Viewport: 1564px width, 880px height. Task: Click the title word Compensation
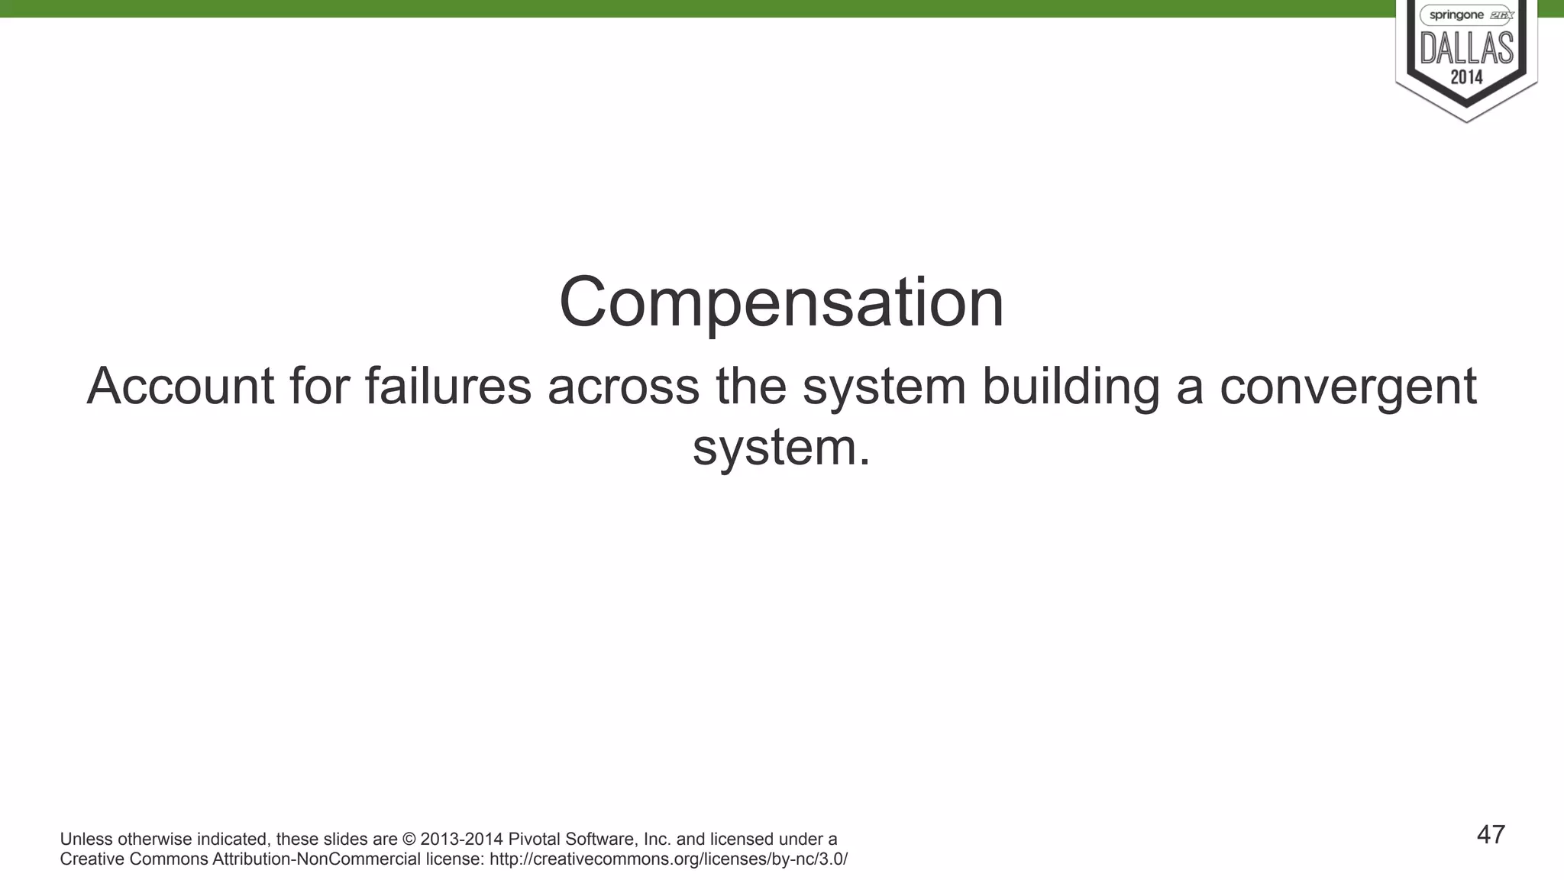pyautogui.click(x=781, y=302)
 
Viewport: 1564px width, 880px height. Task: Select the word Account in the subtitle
pyautogui.click(x=180, y=386)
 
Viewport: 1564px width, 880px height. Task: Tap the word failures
pyautogui.click(x=448, y=386)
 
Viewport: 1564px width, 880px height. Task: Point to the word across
pyautogui.click(x=623, y=386)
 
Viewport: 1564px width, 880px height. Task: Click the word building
pyautogui.click(x=1070, y=386)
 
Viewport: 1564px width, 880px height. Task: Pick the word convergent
pyautogui.click(x=1348, y=386)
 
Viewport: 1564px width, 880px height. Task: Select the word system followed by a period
pyautogui.click(x=781, y=447)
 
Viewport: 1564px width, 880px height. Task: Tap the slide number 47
pyautogui.click(x=1491, y=835)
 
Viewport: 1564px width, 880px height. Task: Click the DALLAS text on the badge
pyautogui.click(x=1466, y=48)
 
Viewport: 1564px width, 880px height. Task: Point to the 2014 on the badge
pyautogui.click(x=1466, y=77)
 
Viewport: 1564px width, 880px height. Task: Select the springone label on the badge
pyautogui.click(x=1456, y=15)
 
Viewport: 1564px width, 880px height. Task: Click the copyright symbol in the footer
pyautogui.click(x=409, y=840)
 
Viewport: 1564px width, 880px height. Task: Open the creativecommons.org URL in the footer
pyautogui.click(x=668, y=859)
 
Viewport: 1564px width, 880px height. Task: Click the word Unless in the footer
pyautogui.click(x=86, y=840)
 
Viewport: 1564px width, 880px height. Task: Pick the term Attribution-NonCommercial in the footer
pyautogui.click(x=316, y=859)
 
